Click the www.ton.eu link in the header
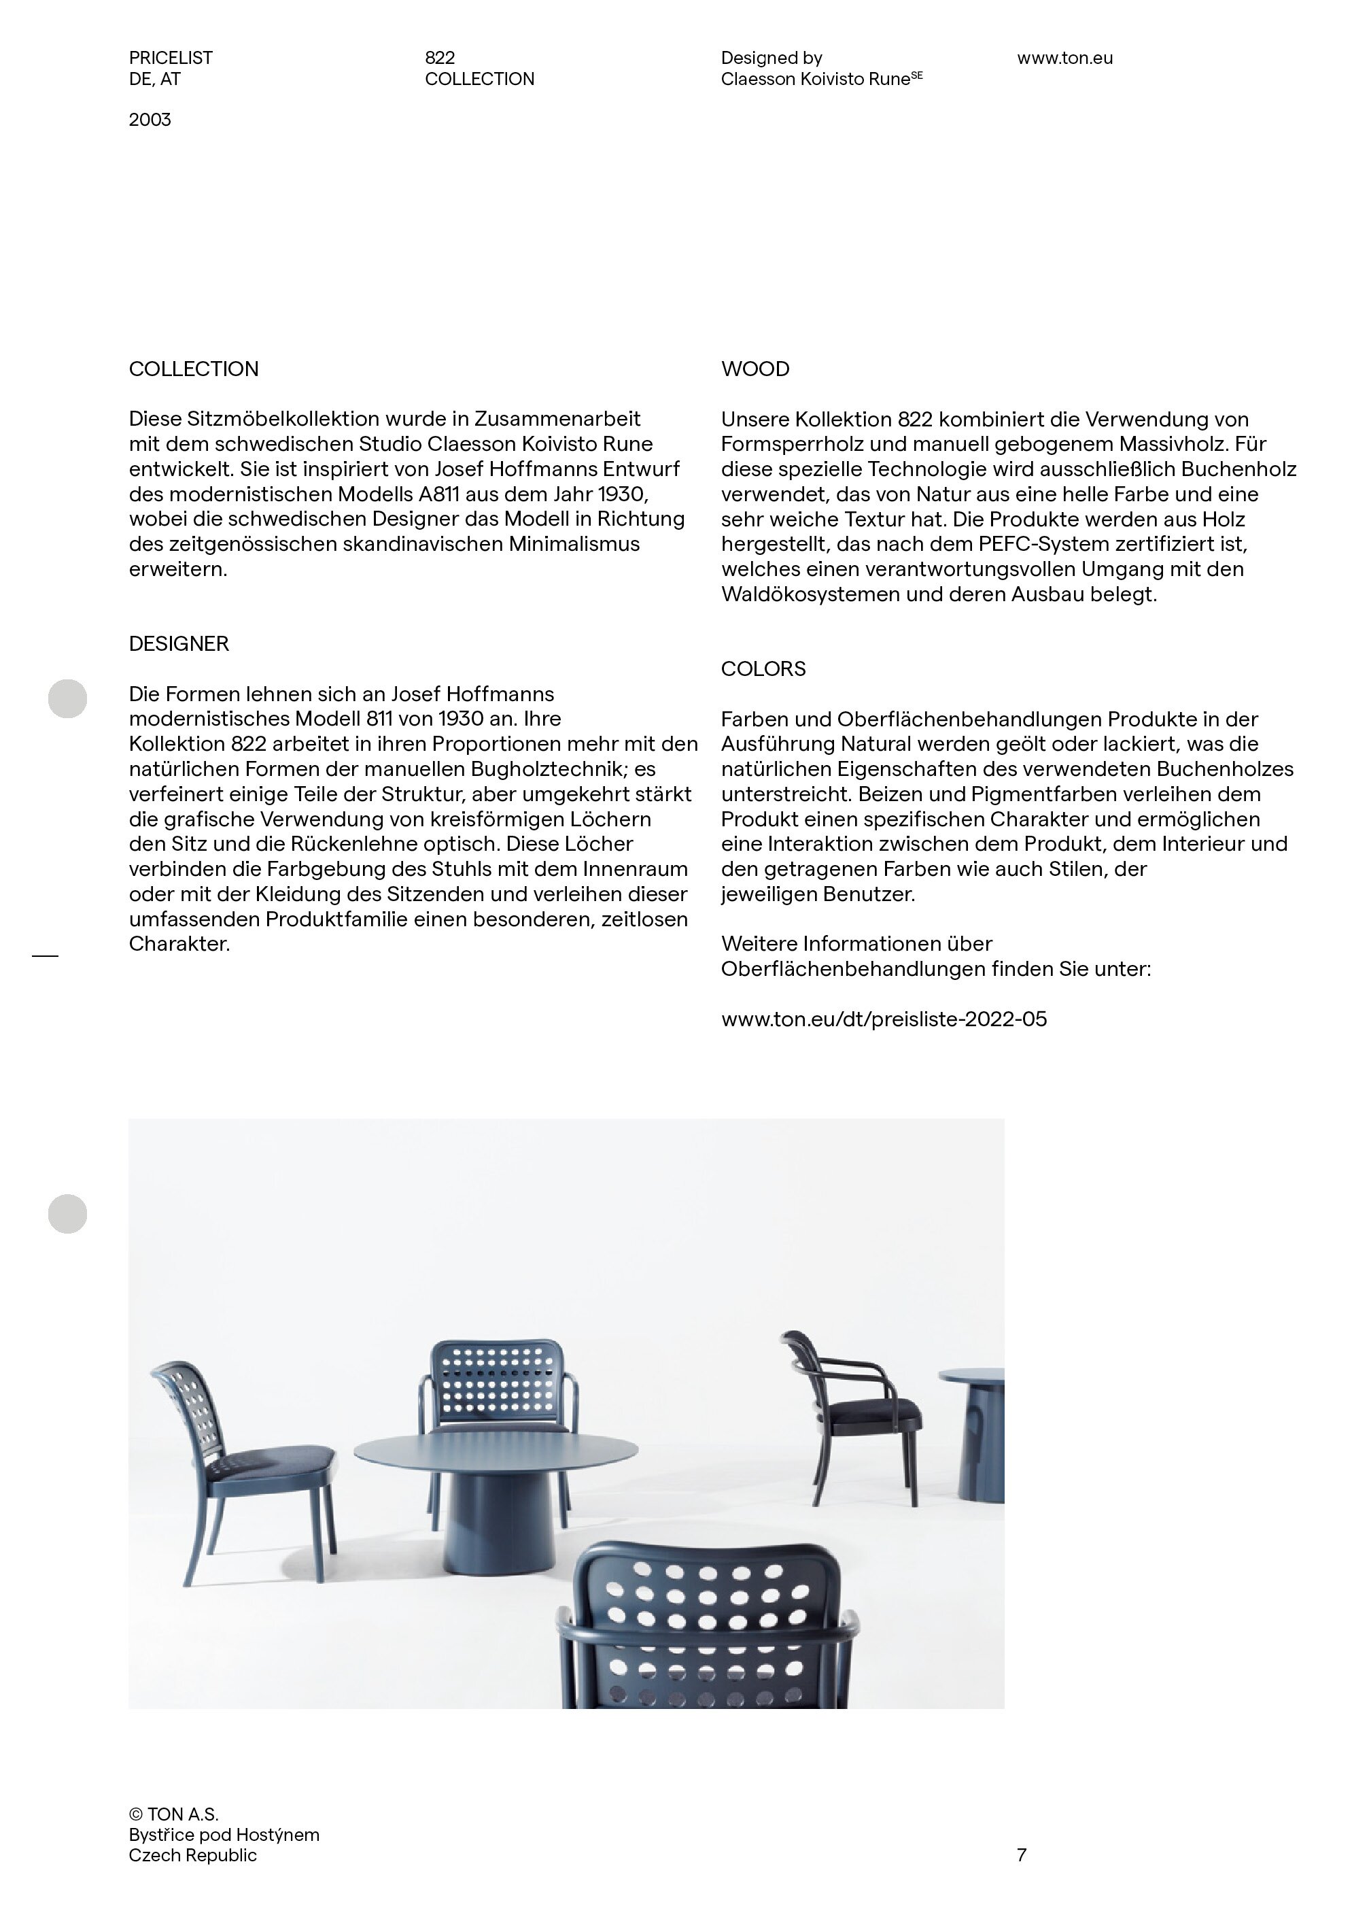1064,58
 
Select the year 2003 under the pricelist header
150,120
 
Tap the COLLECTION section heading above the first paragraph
193,369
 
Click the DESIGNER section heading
178,644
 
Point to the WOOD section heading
755,369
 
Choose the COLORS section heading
763,669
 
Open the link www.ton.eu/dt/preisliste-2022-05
884,1019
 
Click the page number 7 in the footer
1021,1855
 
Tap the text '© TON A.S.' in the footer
173,1814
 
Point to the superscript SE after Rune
916,75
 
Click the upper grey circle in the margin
67,698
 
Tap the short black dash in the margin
45,955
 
